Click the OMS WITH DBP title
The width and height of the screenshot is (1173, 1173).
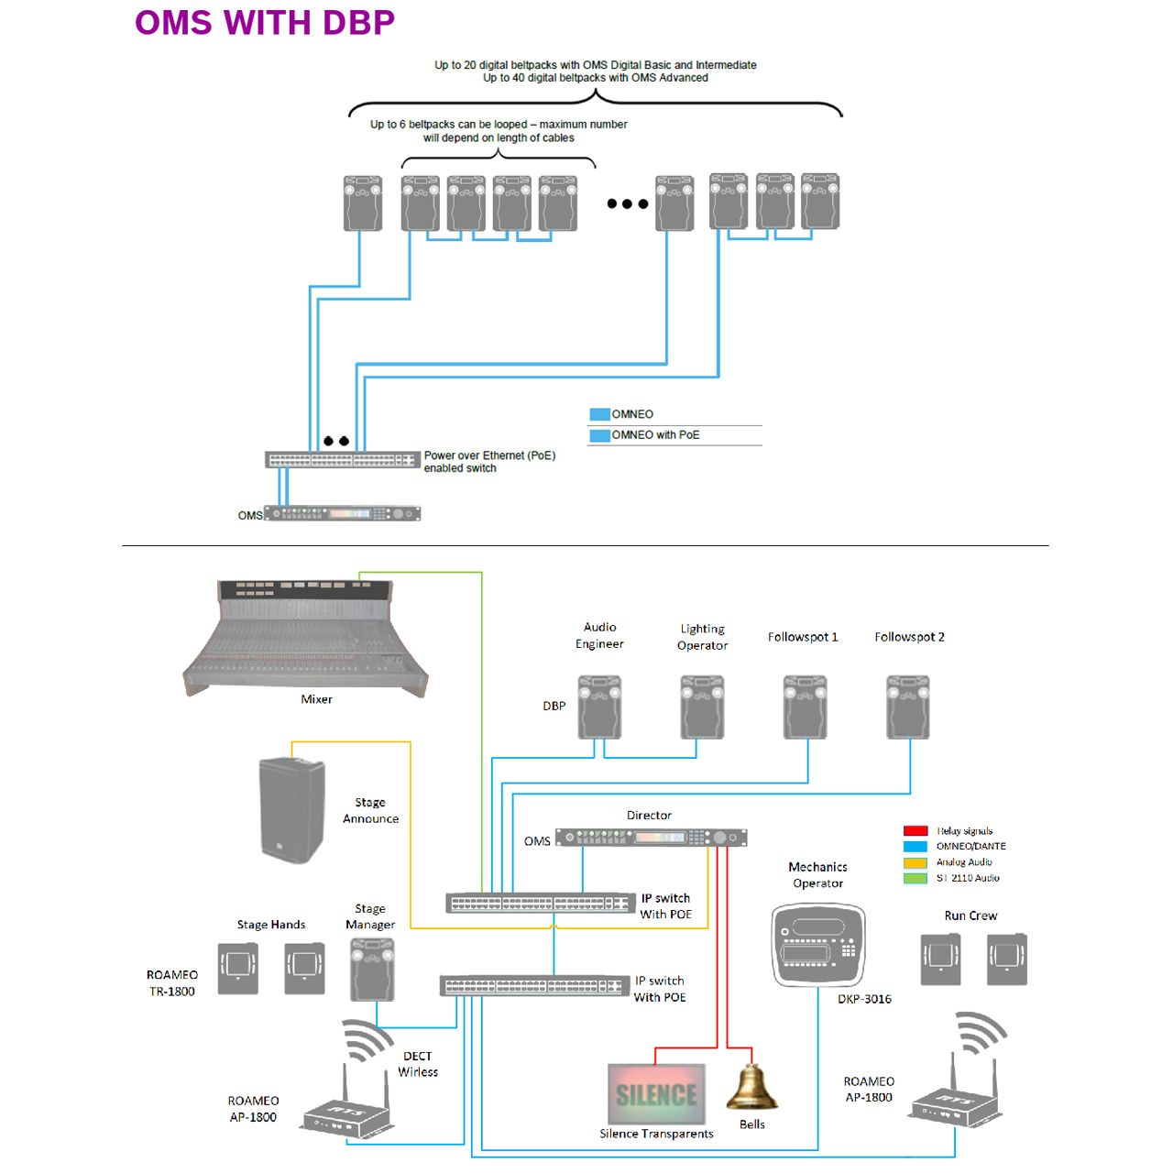pos(264,23)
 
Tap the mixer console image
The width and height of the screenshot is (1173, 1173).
pos(307,637)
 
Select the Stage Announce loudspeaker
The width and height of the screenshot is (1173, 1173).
pos(292,809)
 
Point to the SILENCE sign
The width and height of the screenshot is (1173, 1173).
pos(656,1094)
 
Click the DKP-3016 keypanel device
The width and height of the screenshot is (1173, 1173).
pos(818,945)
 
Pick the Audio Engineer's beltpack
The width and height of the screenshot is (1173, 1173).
pos(599,707)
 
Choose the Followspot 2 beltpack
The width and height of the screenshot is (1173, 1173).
pos(908,707)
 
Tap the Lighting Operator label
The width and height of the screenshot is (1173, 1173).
pos(702,637)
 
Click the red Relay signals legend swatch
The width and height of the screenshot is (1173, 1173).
pos(915,831)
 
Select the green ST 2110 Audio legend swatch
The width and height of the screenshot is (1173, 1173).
pos(915,878)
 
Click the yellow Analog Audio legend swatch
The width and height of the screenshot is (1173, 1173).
pos(915,862)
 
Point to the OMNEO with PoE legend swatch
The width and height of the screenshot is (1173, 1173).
pos(599,435)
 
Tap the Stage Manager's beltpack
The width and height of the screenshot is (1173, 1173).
pos(372,971)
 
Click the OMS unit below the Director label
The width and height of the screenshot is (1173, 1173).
pos(652,838)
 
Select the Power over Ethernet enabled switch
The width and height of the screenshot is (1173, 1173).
pos(343,460)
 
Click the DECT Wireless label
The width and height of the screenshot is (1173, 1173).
pos(418,1064)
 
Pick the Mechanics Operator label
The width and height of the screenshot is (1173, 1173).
pos(817,875)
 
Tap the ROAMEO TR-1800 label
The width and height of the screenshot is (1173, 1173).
pos(172,983)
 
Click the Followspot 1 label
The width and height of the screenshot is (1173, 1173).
pos(803,637)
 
